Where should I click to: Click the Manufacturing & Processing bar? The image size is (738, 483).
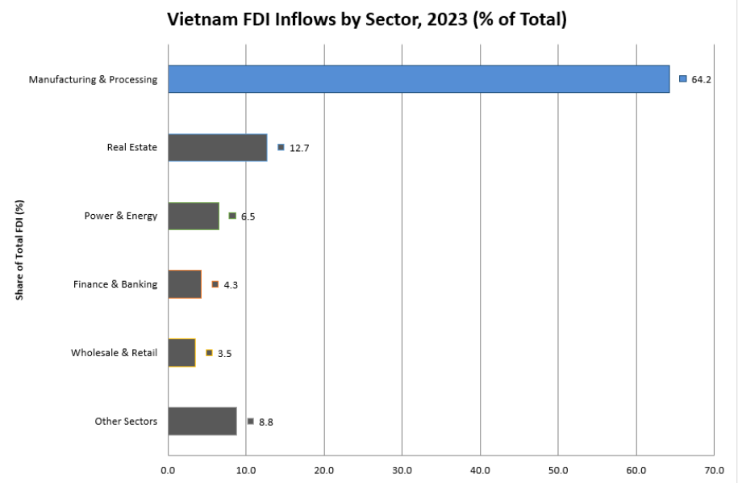pyautogui.click(x=419, y=79)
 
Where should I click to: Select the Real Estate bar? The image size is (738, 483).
pyautogui.click(x=218, y=148)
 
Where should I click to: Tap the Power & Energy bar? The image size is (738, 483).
pyautogui.click(x=194, y=216)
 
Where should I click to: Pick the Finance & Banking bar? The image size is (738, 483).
pyautogui.click(x=185, y=284)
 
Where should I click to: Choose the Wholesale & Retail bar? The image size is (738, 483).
pyautogui.click(x=181, y=353)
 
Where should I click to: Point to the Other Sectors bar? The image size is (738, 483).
pyautogui.click(x=202, y=422)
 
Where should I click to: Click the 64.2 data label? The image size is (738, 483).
pyautogui.click(x=701, y=79)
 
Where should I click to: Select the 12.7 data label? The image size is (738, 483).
pyautogui.click(x=299, y=148)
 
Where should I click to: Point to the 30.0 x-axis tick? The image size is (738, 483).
pyautogui.click(x=402, y=468)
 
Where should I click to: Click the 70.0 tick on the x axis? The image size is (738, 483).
pyautogui.click(x=715, y=468)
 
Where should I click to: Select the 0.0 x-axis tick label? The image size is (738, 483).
pyautogui.click(x=168, y=468)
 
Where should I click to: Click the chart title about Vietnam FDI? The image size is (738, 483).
pyautogui.click(x=367, y=20)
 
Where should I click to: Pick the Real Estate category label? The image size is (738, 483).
pyautogui.click(x=131, y=148)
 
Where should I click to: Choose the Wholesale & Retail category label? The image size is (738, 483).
pyautogui.click(x=114, y=353)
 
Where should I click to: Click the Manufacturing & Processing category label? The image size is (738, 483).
pyautogui.click(x=93, y=79)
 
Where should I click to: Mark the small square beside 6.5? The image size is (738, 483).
pyautogui.click(x=232, y=216)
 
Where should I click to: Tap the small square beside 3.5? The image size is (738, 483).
pyautogui.click(x=209, y=353)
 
